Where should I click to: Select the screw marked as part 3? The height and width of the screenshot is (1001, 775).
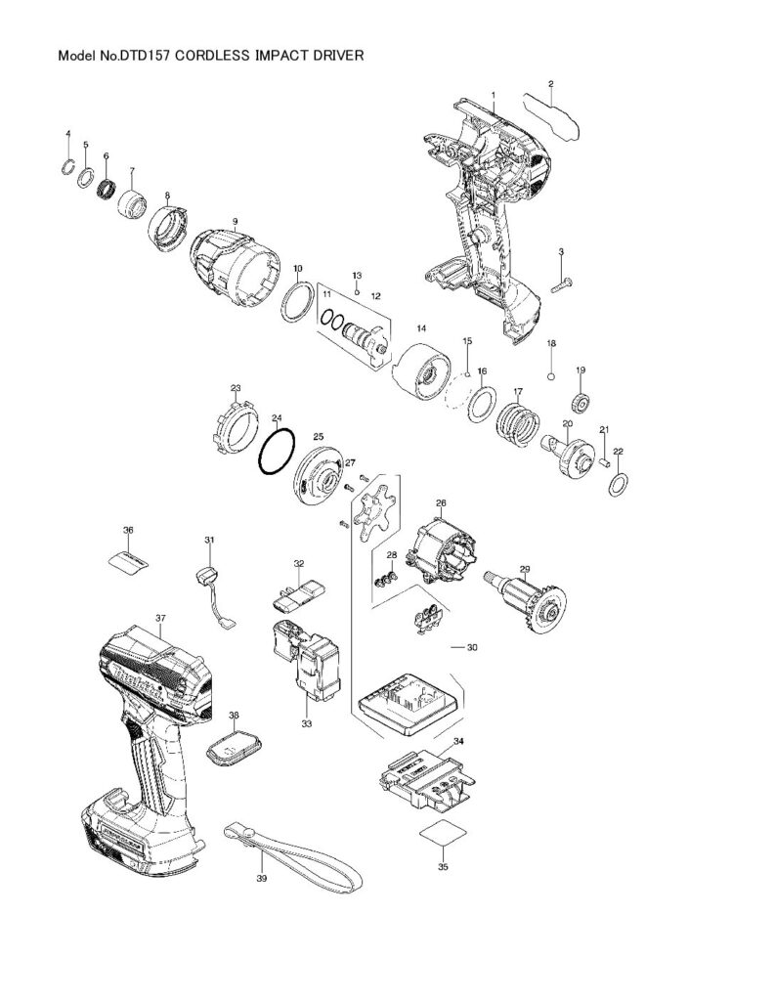coord(562,285)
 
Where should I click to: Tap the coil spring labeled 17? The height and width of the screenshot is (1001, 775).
coord(518,422)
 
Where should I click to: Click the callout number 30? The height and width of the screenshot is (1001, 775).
coord(472,647)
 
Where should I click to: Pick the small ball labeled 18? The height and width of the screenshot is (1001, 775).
coord(551,375)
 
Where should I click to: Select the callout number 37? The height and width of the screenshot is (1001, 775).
coord(160,618)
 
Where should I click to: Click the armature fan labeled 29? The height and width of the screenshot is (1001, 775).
coord(526,601)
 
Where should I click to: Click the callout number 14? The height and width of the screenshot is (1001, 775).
coord(421,328)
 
